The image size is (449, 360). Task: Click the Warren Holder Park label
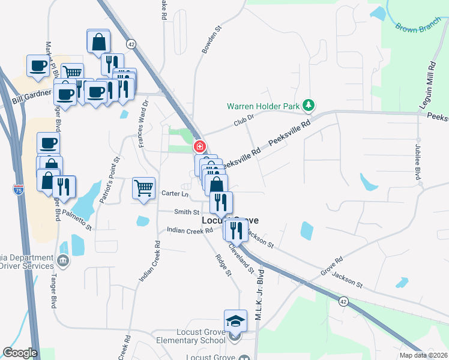click(263, 106)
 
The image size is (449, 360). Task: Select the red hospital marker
click(199, 146)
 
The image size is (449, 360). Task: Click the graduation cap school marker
click(236, 321)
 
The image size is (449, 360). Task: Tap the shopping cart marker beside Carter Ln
click(144, 188)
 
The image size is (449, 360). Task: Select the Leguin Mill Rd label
click(431, 83)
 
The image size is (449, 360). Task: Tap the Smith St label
click(187, 212)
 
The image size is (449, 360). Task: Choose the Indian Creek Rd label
click(190, 230)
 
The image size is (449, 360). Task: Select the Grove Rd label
click(331, 266)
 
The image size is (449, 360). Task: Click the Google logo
click(20, 353)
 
